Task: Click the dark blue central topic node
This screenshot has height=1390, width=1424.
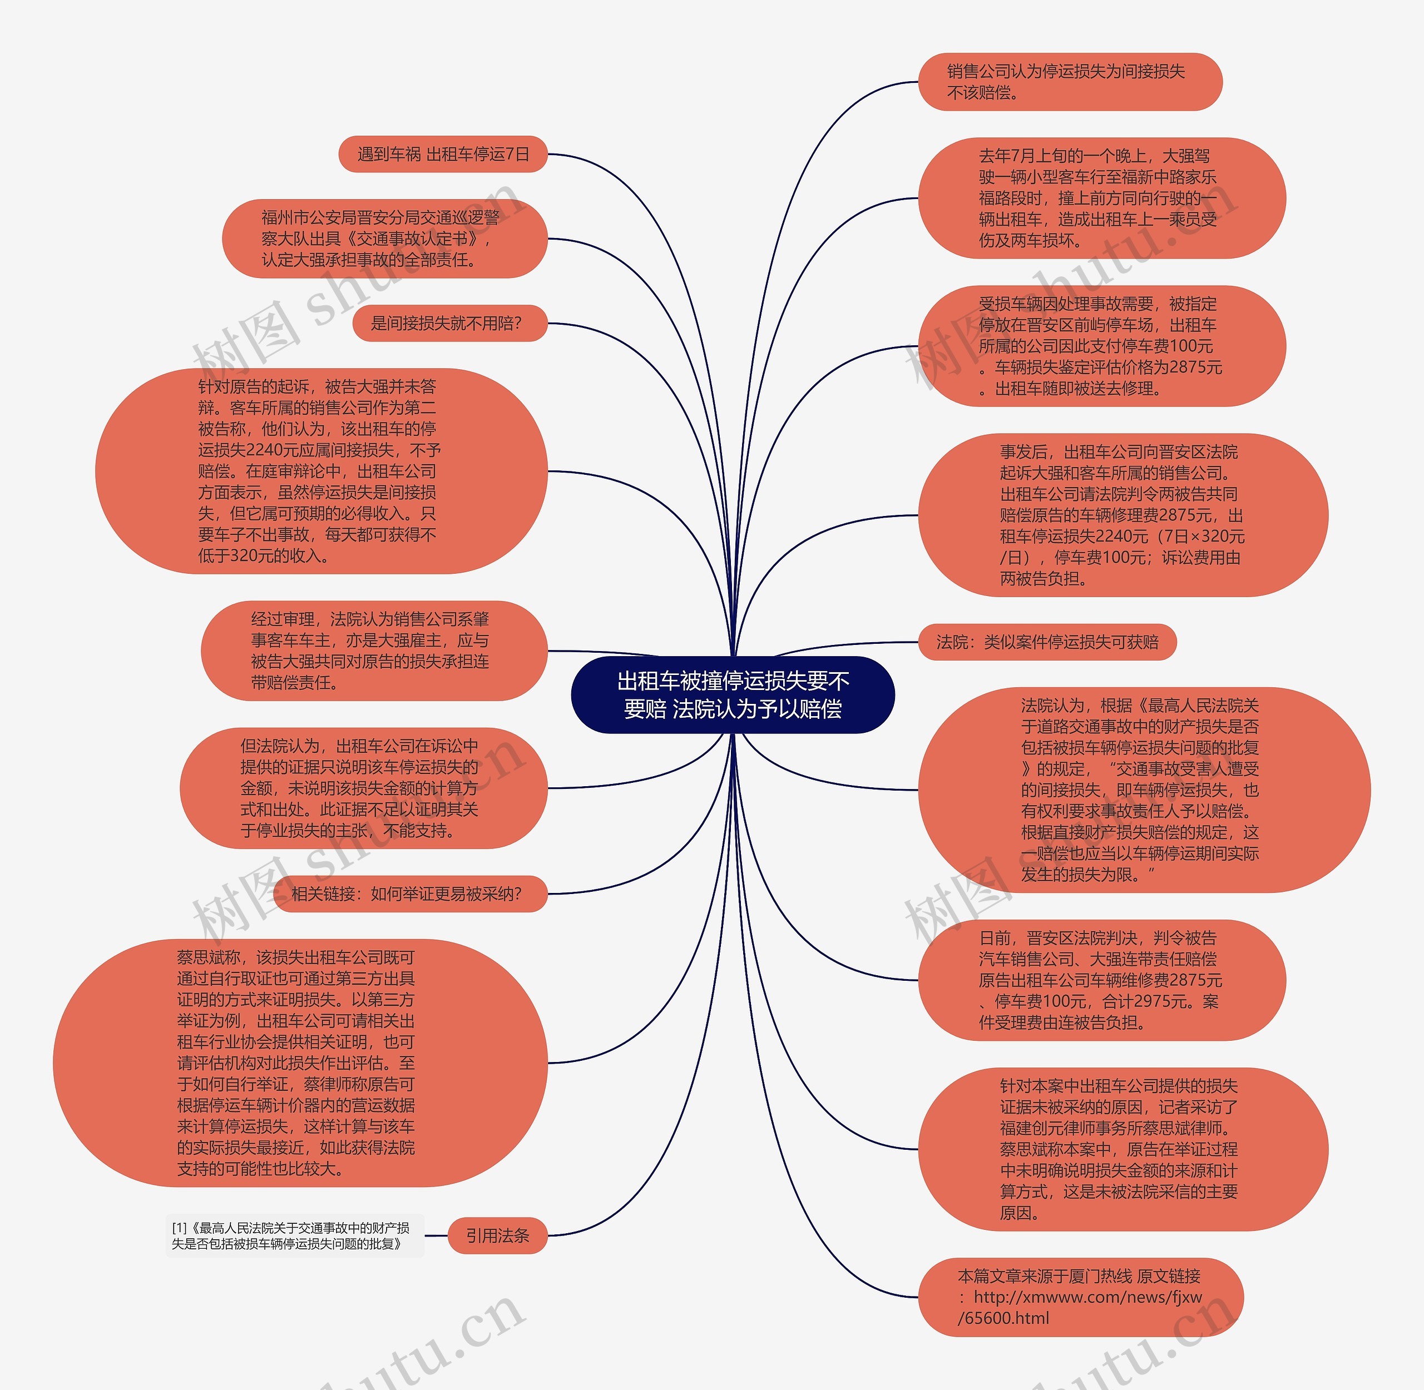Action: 733,694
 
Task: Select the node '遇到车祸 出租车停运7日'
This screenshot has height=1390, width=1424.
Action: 443,154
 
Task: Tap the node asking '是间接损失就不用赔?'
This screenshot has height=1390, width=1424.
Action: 449,324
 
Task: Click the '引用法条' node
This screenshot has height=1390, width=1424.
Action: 497,1235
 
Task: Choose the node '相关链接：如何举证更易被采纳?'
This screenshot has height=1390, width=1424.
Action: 409,893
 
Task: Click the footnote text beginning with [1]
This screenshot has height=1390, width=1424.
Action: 293,1235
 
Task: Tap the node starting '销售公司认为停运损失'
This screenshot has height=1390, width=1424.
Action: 1069,82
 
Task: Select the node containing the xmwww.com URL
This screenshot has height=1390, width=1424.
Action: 1079,1297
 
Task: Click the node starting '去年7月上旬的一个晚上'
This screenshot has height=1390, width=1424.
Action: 1101,198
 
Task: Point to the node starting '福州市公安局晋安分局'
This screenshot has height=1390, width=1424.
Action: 384,239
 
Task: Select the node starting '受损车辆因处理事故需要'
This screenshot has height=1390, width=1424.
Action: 1101,346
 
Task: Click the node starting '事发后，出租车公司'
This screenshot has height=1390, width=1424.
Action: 1123,515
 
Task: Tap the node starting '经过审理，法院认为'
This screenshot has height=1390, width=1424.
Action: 373,651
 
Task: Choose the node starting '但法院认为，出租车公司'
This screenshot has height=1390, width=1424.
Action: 363,788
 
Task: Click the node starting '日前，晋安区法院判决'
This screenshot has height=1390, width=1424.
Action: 1101,980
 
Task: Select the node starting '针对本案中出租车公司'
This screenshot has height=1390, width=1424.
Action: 1123,1149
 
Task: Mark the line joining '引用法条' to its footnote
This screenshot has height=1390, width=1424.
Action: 436,1235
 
